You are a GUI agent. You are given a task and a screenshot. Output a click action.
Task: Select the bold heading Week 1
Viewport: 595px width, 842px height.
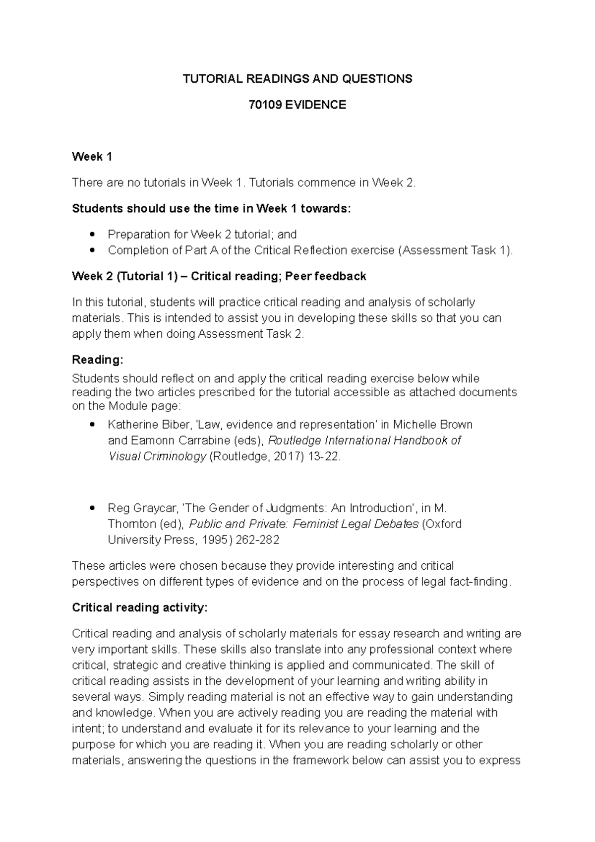click(92, 157)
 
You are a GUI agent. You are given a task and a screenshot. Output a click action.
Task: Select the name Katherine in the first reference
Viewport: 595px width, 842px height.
click(130, 425)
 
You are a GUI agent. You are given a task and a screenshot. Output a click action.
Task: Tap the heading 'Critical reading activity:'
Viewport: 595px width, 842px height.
click(139, 607)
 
